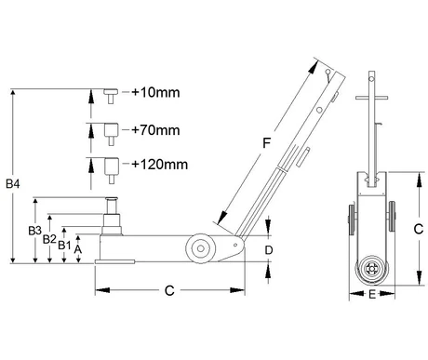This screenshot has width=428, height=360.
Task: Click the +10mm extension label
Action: (x=155, y=92)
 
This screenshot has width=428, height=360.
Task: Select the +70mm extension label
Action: (x=155, y=130)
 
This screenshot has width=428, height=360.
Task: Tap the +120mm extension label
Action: (x=160, y=165)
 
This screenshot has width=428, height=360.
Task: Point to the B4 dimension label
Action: (x=13, y=184)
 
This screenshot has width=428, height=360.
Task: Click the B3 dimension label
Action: (x=34, y=231)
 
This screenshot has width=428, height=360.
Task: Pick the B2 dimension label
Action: (x=49, y=239)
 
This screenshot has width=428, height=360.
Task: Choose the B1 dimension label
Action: (x=64, y=246)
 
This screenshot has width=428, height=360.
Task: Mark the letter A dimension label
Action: (x=78, y=249)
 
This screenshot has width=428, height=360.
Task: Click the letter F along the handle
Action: (x=266, y=143)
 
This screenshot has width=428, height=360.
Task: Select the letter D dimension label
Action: (x=269, y=250)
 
